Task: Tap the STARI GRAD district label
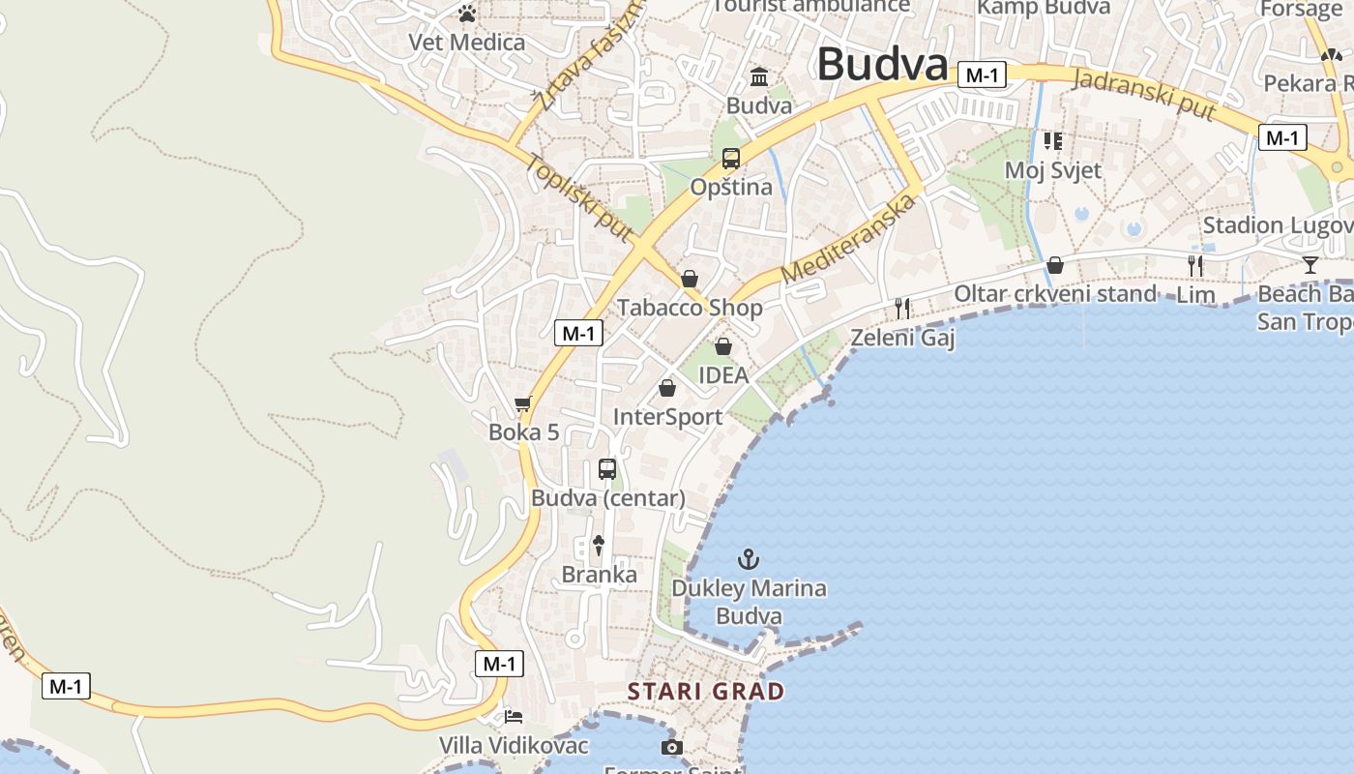(706, 691)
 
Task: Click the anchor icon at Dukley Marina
(748, 559)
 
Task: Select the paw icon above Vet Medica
(467, 14)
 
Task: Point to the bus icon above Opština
(731, 159)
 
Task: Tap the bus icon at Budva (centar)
(607, 469)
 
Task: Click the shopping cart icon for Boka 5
(523, 403)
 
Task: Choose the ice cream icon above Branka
(599, 546)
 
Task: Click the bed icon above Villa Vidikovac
(514, 717)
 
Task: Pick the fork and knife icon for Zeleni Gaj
(902, 309)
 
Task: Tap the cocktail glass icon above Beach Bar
(1310, 264)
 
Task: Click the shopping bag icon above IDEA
(723, 346)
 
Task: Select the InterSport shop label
(667, 417)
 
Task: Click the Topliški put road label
(579, 196)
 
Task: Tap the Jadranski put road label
(1144, 95)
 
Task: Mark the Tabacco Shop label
(690, 308)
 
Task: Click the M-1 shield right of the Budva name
(983, 74)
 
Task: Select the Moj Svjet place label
(1053, 170)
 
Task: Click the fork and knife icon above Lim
(1196, 265)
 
